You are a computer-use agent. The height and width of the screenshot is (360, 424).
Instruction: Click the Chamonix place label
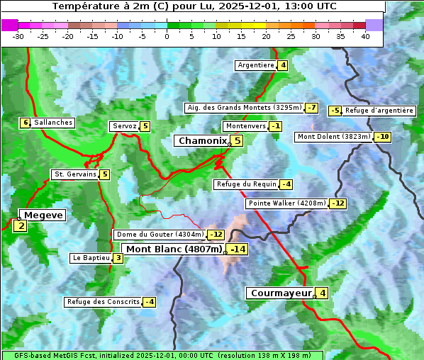(202, 141)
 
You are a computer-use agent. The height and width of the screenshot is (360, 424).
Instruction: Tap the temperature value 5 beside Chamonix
(238, 141)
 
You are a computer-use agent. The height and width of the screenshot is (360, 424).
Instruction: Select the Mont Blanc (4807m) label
(174, 249)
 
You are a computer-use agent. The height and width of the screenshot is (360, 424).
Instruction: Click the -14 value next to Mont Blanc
(238, 249)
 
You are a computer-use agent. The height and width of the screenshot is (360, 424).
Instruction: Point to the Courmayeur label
(281, 293)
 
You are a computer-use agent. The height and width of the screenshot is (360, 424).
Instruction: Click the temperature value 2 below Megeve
(21, 227)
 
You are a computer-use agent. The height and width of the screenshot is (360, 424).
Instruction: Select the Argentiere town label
(256, 65)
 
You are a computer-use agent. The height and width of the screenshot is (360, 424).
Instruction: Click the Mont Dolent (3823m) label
(334, 137)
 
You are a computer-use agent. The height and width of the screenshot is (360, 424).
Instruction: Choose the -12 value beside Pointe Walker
(338, 203)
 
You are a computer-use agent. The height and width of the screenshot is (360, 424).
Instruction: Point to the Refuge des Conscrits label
(103, 302)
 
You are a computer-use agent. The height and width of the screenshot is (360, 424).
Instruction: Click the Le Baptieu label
(91, 258)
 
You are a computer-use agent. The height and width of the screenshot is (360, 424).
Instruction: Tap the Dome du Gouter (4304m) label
(160, 235)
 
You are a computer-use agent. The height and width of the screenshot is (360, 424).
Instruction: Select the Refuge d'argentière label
(379, 111)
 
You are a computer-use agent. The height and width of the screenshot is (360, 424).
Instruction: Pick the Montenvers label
(245, 126)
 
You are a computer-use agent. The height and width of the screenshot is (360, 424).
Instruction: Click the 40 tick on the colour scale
(365, 36)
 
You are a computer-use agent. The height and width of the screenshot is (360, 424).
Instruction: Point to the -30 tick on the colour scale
(18, 36)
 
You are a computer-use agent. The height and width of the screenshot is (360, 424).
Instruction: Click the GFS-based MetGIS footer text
(162, 355)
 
